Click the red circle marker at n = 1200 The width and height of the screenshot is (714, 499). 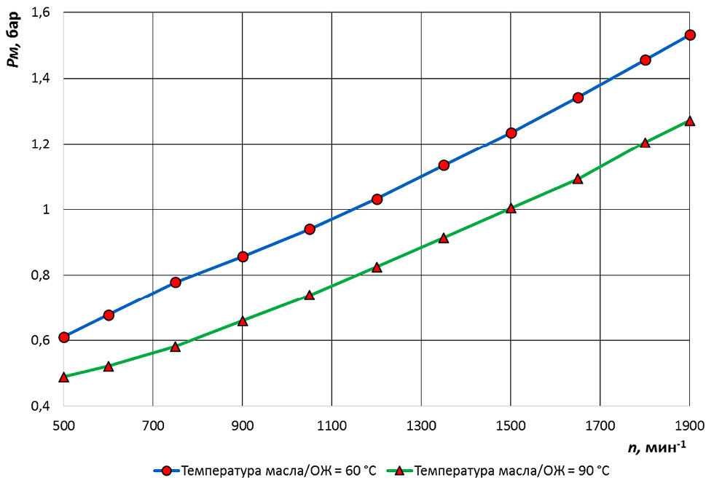tap(377, 199)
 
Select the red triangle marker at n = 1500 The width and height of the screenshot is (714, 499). tap(511, 208)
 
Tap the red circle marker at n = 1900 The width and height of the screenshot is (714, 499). tap(690, 34)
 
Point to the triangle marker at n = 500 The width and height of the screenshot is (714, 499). tap(63, 377)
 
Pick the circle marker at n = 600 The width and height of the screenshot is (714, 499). tap(109, 315)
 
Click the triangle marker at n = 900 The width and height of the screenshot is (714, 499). tap(243, 321)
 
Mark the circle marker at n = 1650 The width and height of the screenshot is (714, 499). tap(578, 98)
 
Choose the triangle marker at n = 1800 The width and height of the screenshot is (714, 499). tap(645, 143)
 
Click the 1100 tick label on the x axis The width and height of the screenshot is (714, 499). tap(331, 423)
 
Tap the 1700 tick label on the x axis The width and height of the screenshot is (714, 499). tap(600, 423)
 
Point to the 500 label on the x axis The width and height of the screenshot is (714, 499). tap(63, 423)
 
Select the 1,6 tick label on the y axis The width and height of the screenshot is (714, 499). tap(38, 12)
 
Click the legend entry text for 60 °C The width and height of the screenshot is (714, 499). tap(279, 471)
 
